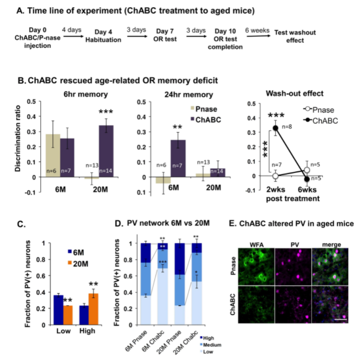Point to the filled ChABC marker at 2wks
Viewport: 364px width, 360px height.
(x=275, y=128)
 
